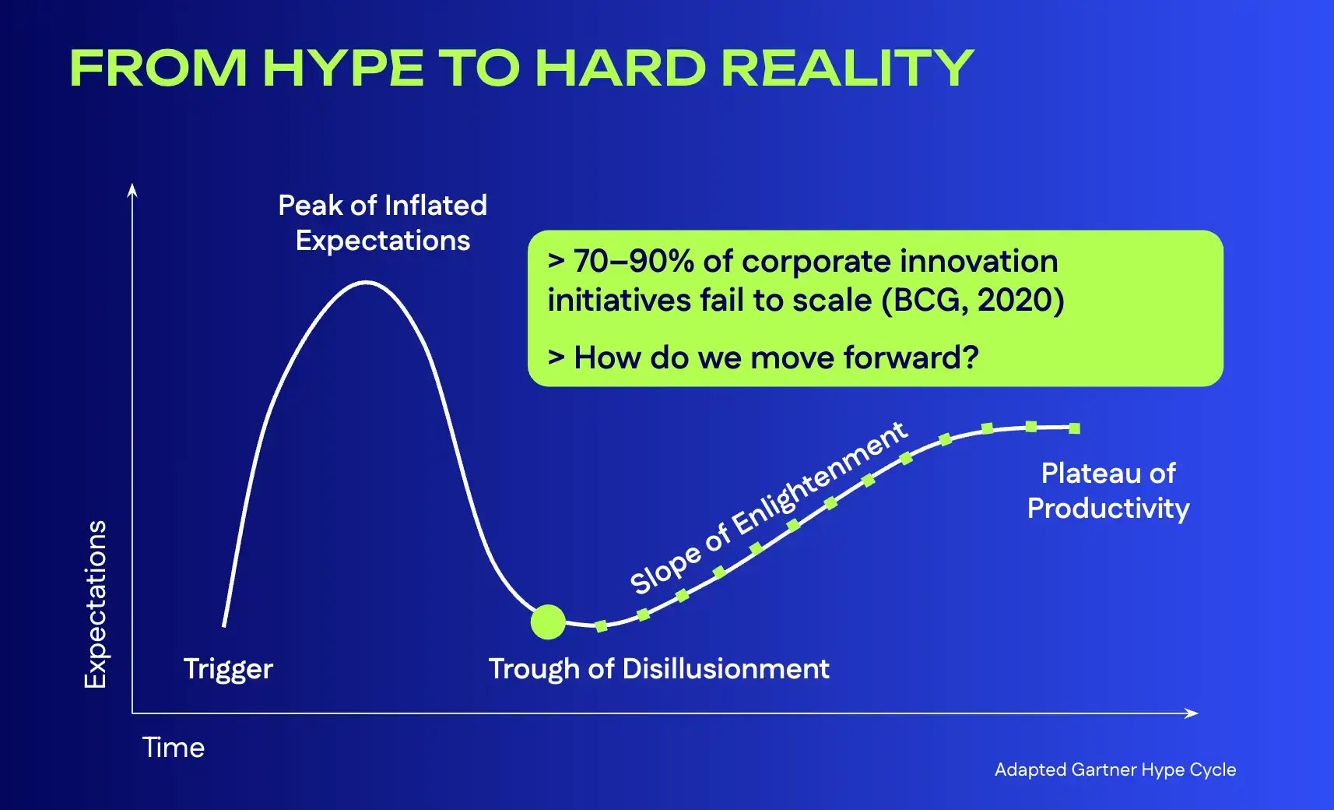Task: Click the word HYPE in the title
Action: click(x=343, y=68)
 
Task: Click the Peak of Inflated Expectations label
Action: click(x=382, y=223)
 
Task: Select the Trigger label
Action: click(x=228, y=669)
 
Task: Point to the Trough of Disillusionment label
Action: click(x=658, y=669)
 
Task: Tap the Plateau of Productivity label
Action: click(x=1108, y=491)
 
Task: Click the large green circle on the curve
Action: click(x=548, y=622)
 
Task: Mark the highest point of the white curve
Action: click(x=366, y=282)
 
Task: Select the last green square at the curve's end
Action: click(x=1074, y=428)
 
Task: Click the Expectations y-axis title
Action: click(x=95, y=604)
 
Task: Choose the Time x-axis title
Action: click(x=173, y=748)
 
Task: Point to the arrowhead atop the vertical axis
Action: click(x=132, y=189)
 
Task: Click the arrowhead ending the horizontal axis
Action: click(x=1192, y=713)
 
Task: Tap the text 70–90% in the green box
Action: click(x=633, y=262)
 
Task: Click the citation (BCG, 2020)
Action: click(x=972, y=300)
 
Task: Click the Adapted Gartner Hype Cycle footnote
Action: click(x=1115, y=769)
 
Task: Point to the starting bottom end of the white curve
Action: click(x=224, y=625)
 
